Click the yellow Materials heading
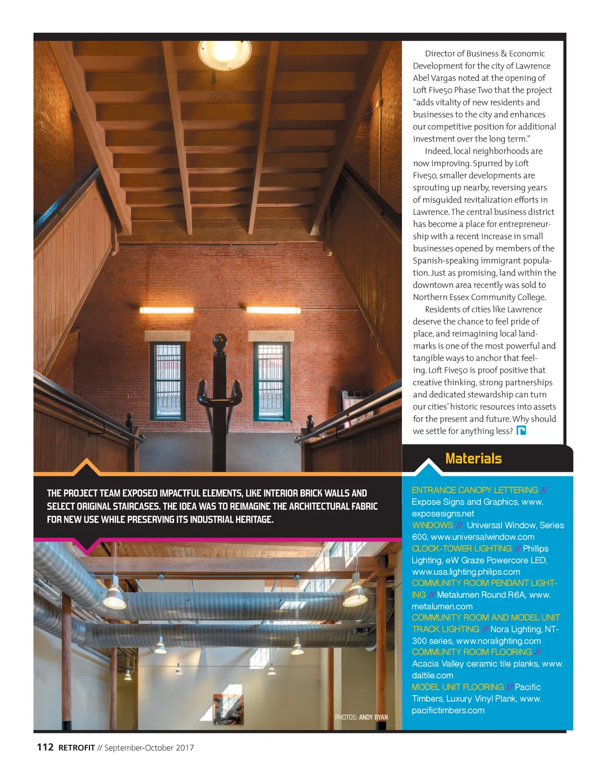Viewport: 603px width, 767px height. [473, 459]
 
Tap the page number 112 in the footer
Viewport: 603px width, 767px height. [45, 747]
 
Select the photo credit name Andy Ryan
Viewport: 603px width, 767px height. [373, 717]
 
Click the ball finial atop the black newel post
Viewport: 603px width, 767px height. [220, 344]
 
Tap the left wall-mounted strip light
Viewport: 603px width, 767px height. [166, 310]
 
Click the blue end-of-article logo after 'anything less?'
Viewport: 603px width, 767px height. [521, 430]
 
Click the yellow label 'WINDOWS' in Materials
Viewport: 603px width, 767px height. [432, 525]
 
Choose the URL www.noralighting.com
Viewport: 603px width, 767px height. [498, 641]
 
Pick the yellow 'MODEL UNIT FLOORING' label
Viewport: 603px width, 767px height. [457, 687]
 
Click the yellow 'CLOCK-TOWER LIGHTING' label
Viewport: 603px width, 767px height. [461, 549]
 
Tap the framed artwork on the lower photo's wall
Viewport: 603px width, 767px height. [228, 709]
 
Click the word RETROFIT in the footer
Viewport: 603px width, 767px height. [76, 748]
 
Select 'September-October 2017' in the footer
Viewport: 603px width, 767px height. [149, 748]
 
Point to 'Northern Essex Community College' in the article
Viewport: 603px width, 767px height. [479, 297]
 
